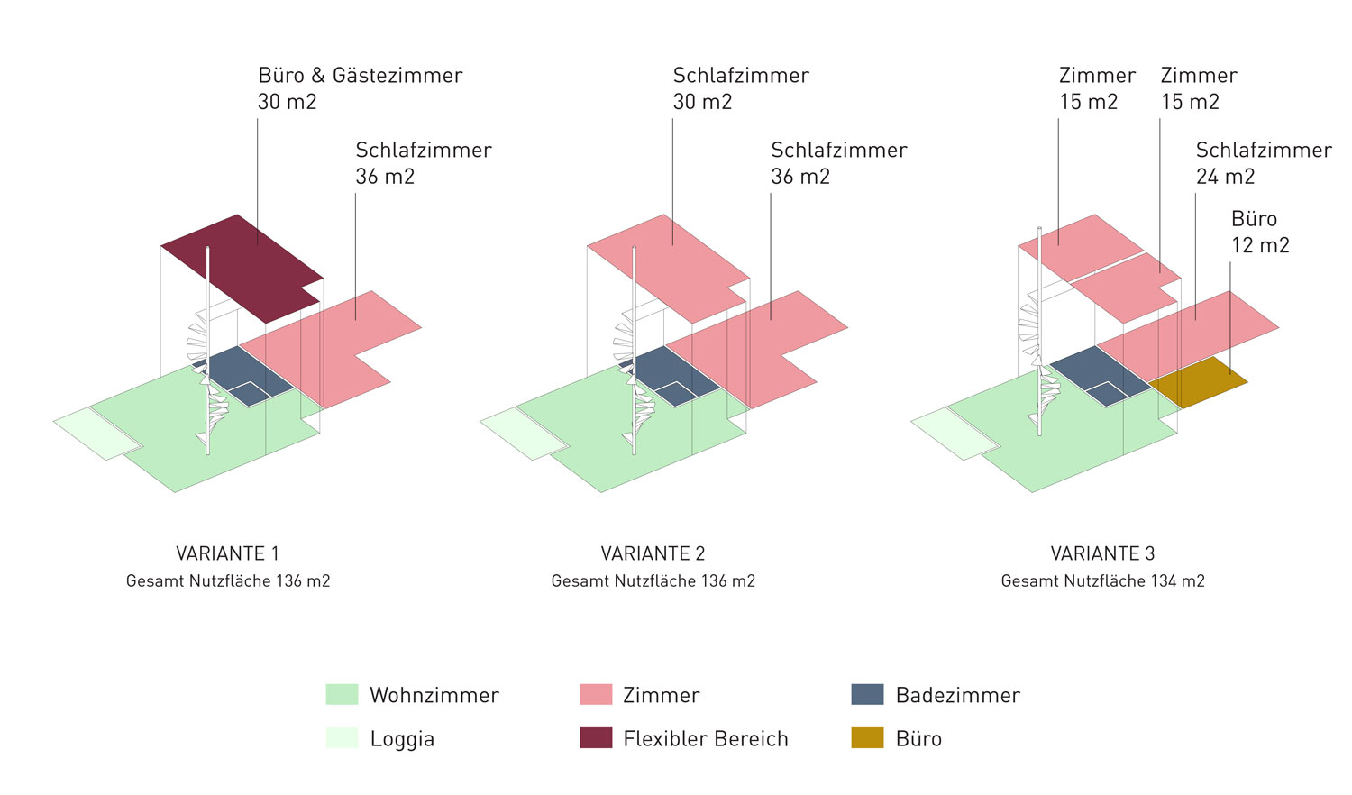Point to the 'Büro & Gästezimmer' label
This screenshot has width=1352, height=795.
360,76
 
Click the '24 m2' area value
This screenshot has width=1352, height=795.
1225,177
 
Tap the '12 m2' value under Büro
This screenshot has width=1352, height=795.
1260,245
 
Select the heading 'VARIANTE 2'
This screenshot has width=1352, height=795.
653,553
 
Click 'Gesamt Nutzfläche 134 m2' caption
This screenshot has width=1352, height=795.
1102,581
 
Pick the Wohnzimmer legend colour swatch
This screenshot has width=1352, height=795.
342,694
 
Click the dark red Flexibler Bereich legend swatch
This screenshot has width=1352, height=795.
596,738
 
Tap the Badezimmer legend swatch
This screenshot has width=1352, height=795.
867,694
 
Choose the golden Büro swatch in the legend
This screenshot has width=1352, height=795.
867,738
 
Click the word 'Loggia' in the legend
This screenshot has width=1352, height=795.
402,739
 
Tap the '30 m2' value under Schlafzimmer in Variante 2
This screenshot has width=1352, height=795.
702,102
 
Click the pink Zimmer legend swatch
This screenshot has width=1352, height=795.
596,694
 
